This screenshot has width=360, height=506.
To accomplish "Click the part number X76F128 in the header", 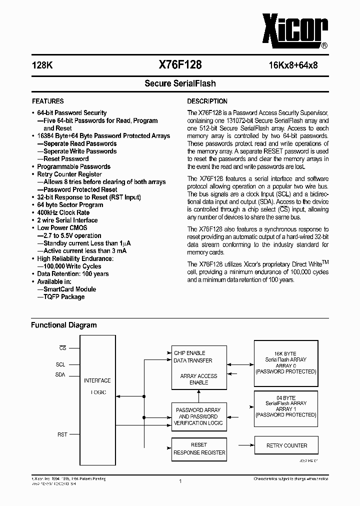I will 180,64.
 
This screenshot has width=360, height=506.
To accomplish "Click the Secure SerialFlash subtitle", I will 180,83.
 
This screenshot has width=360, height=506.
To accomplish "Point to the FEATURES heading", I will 48,101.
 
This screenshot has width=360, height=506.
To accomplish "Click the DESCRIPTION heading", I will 207,101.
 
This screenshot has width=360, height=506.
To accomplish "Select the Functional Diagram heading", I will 64,325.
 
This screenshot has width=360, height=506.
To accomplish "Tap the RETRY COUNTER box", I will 286,445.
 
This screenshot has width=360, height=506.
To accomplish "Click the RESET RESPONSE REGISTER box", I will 199,448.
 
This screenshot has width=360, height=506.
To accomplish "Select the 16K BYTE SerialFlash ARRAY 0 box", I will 286,362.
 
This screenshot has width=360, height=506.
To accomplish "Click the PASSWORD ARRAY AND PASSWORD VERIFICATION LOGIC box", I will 198,416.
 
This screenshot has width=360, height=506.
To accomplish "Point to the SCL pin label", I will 60,364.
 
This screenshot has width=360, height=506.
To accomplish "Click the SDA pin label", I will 60,375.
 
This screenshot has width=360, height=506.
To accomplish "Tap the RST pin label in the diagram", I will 62,434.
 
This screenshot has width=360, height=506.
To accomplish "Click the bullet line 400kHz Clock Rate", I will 63,212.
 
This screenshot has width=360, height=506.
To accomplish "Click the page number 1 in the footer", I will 180,481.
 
